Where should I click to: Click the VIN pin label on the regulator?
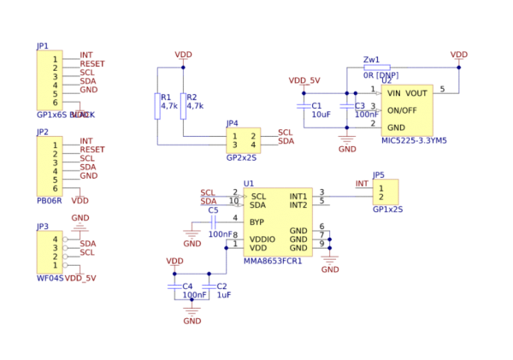[393, 93]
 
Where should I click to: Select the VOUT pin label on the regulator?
[416, 93]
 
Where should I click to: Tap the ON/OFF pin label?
[402, 110]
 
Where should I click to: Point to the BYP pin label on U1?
[256, 221]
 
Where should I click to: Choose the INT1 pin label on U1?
[298, 197]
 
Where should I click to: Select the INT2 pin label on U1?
[298, 205]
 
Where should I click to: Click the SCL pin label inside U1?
[258, 197]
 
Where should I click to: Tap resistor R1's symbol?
[157, 107]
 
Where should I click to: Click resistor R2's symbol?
[183, 107]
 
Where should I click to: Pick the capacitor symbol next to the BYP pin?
[214, 223]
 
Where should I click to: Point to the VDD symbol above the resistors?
[183, 56]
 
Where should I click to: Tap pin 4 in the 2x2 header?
[252, 145]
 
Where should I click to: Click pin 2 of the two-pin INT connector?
[381, 197]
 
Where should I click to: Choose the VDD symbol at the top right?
[459, 56]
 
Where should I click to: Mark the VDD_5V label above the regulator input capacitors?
[304, 80]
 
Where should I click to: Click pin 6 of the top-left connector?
[55, 103]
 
